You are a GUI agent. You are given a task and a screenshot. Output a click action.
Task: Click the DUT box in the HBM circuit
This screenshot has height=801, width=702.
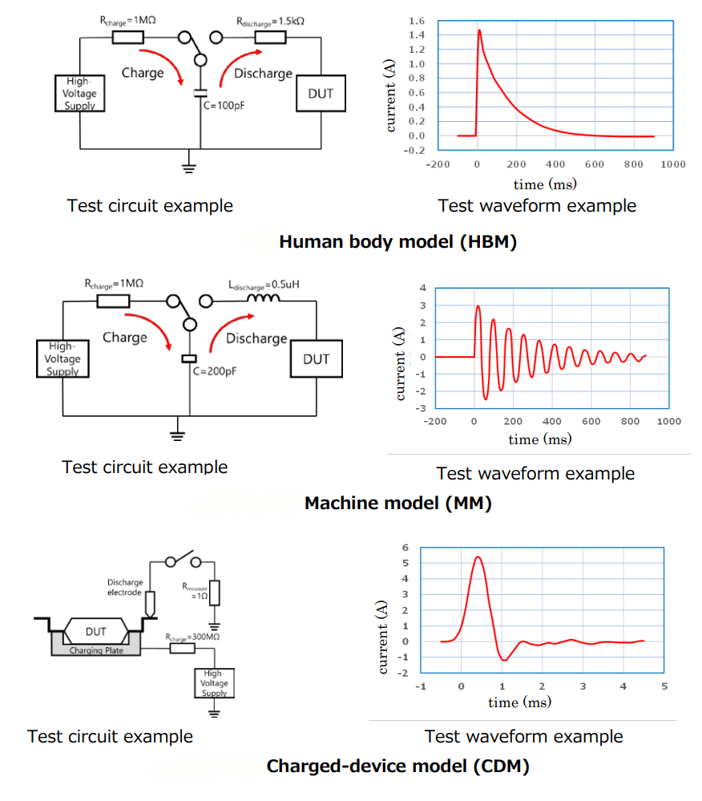321,95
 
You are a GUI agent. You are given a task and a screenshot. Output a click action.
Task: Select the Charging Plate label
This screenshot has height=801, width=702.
96,650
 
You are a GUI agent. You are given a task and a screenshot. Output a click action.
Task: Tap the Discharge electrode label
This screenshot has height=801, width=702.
125,588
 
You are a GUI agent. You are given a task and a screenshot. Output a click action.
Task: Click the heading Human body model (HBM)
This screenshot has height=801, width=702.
397,241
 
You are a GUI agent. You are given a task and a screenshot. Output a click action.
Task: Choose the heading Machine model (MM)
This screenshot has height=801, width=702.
398,504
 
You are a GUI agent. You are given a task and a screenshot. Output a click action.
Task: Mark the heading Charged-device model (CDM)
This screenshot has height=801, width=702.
398,767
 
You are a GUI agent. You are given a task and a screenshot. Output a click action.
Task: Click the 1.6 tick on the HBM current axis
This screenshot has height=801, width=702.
416,20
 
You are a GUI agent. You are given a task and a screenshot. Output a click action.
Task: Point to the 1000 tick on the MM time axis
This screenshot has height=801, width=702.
669,421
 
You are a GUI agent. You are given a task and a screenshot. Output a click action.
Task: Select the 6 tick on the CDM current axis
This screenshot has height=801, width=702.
405,548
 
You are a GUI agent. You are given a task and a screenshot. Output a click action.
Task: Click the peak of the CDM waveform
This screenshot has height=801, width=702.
478,556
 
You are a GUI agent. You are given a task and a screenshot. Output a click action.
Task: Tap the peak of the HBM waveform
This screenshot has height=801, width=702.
479,30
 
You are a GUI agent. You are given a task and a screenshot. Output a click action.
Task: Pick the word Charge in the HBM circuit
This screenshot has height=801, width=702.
143,73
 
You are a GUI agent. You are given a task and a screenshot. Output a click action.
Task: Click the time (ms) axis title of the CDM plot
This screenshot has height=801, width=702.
519,702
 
